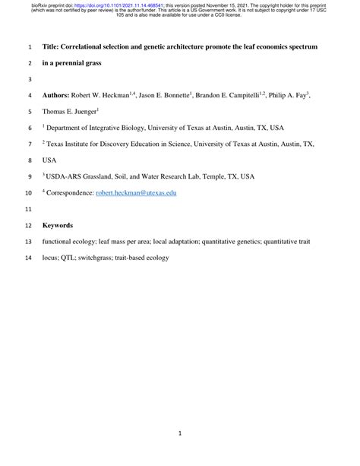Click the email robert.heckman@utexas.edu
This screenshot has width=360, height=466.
coord(136,193)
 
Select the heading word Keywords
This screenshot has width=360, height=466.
coord(58,225)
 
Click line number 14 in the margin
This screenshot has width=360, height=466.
coord(28,258)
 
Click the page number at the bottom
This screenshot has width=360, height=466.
coord(179,433)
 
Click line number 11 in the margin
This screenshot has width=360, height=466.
coord(28,209)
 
